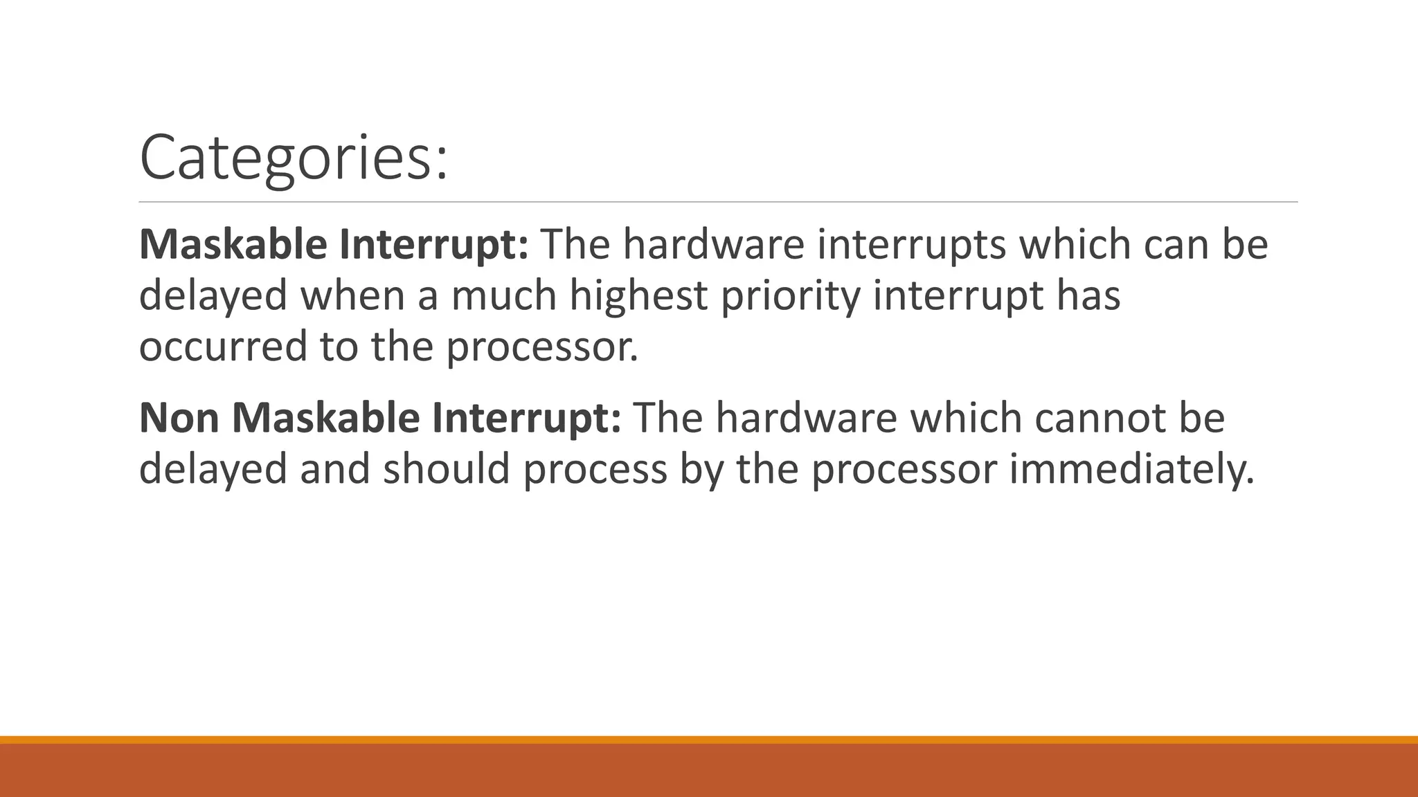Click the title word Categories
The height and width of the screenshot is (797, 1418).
click(294, 158)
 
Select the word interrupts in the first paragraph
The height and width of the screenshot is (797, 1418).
click(911, 245)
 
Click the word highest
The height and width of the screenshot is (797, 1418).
click(638, 295)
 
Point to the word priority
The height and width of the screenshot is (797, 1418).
click(790, 295)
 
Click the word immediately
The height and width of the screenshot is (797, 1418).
click(1131, 469)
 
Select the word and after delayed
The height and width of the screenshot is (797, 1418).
click(335, 469)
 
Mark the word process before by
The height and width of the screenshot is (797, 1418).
click(595, 469)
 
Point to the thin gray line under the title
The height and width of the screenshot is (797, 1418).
click(718, 202)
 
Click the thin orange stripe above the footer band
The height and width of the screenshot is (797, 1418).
click(709, 740)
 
